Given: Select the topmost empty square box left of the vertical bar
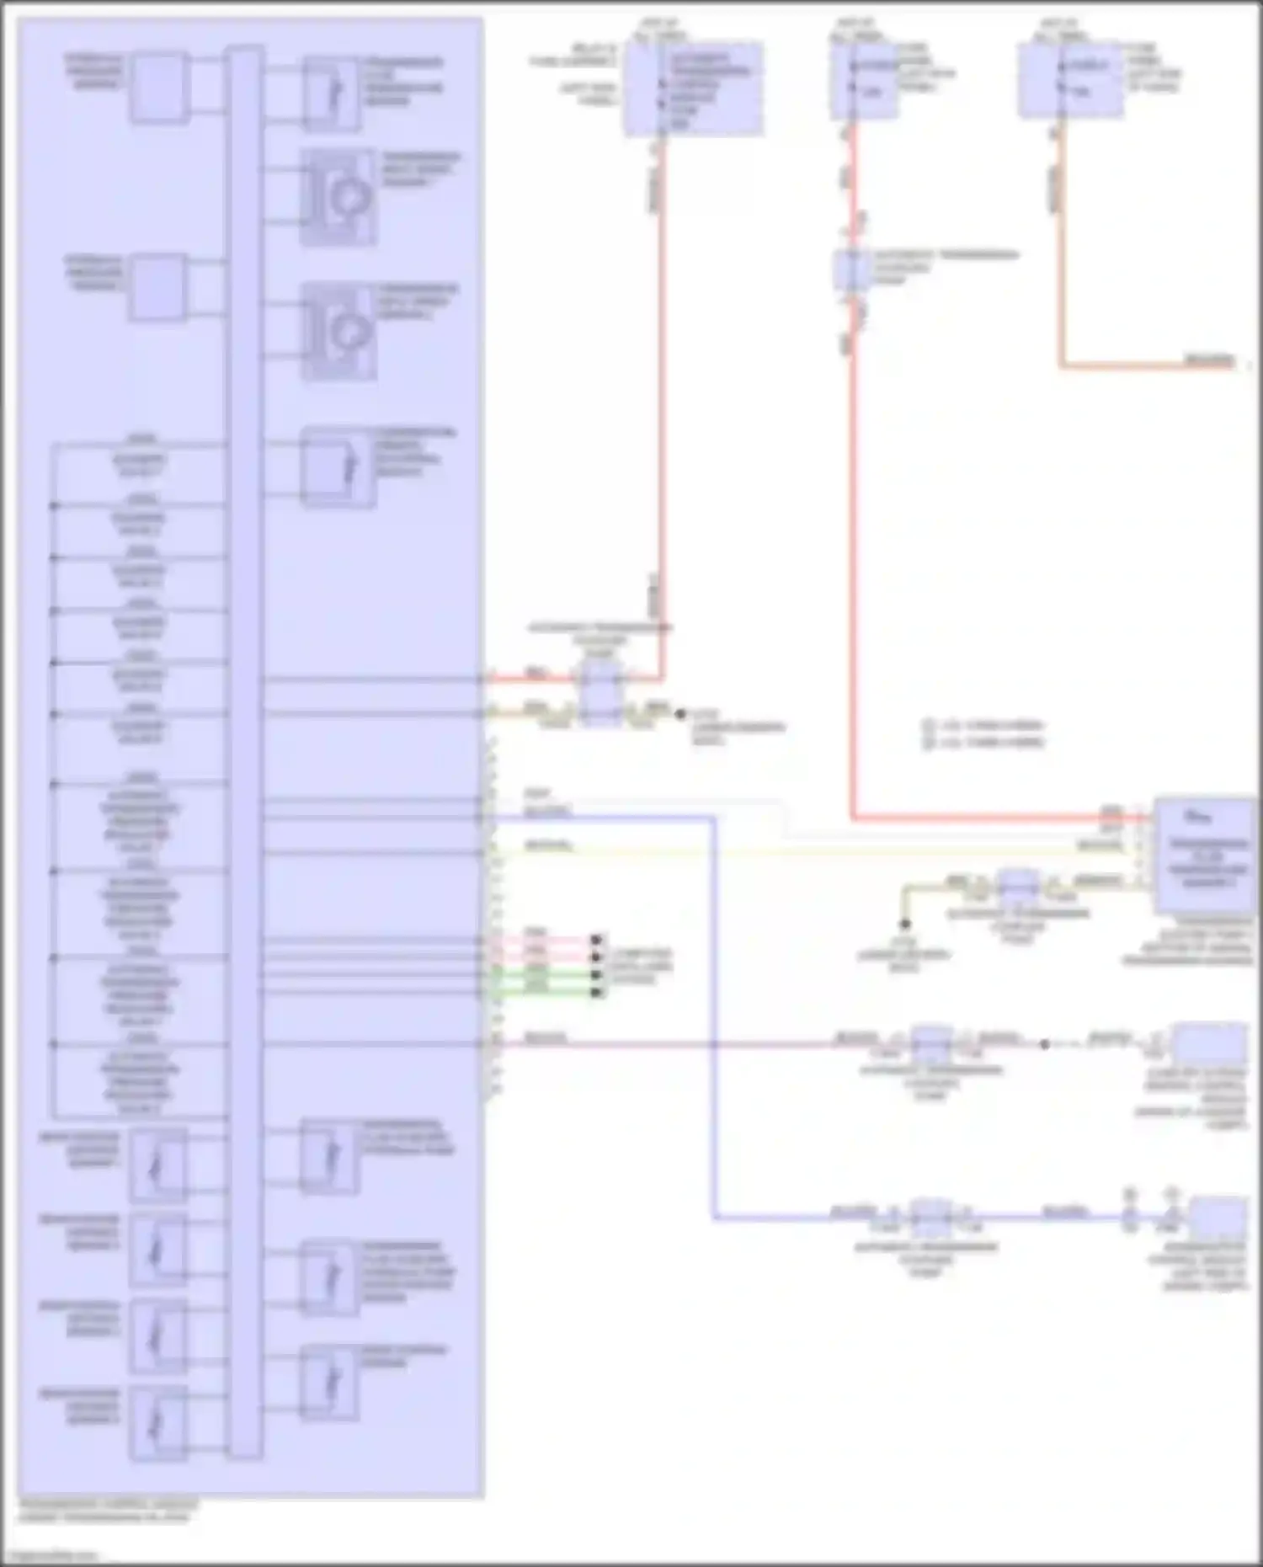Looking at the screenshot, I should [158, 88].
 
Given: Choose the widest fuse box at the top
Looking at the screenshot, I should [694, 88].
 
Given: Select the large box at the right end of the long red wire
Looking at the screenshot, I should [1205, 855].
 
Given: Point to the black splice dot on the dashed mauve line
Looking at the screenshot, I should [1044, 1045].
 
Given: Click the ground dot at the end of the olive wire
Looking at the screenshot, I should [905, 924].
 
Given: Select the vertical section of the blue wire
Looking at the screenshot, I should [715, 1010].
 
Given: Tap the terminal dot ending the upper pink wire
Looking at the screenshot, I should [596, 939].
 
